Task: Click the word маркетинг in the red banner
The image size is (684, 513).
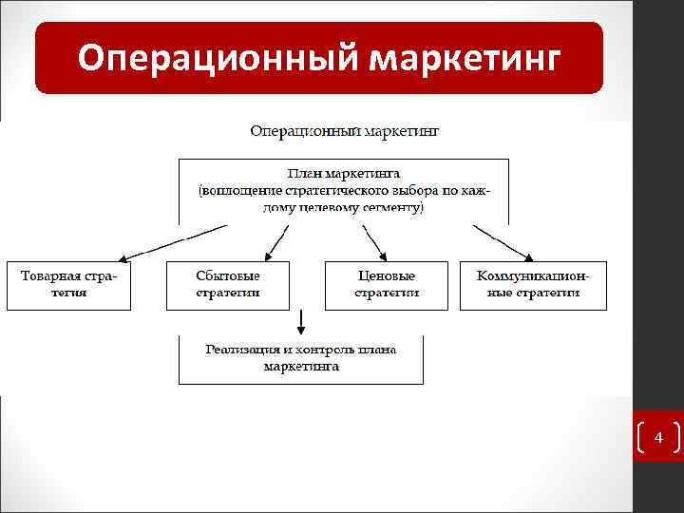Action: (465, 59)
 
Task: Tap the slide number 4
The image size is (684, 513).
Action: (657, 438)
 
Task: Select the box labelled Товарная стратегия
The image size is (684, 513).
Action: (68, 284)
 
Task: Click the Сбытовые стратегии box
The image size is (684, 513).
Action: (228, 284)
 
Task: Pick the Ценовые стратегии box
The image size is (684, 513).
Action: (387, 284)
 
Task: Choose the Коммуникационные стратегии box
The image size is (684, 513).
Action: (533, 284)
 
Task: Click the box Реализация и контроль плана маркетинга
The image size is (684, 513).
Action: (301, 357)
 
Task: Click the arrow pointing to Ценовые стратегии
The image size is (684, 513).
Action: (373, 241)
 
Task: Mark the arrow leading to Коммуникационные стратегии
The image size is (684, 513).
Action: (503, 241)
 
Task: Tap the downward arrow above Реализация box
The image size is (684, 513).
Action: (301, 319)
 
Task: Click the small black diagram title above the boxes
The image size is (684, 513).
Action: (344, 129)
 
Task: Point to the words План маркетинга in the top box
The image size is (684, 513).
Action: (344, 174)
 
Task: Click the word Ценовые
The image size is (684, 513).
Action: (387, 275)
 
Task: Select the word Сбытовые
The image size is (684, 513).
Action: (228, 275)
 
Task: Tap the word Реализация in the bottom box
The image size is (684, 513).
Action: (242, 349)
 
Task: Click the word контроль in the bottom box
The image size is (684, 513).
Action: (326, 349)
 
